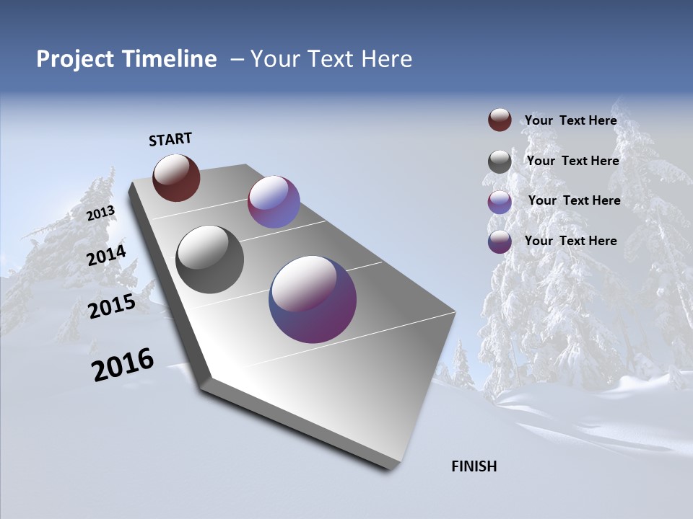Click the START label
click(170, 139)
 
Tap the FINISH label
click(474, 466)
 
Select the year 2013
click(101, 213)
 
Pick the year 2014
click(107, 256)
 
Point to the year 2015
click(112, 306)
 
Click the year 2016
click(123, 365)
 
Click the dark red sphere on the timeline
click(176, 177)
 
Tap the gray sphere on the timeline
click(209, 259)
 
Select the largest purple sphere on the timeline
click(313, 299)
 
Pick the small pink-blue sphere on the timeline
click(274, 202)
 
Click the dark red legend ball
click(500, 120)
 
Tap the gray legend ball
click(500, 161)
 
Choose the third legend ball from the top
click(500, 202)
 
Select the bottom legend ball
click(500, 241)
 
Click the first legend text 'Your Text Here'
click(570, 120)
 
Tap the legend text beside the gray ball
click(572, 161)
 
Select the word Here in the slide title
click(386, 59)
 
